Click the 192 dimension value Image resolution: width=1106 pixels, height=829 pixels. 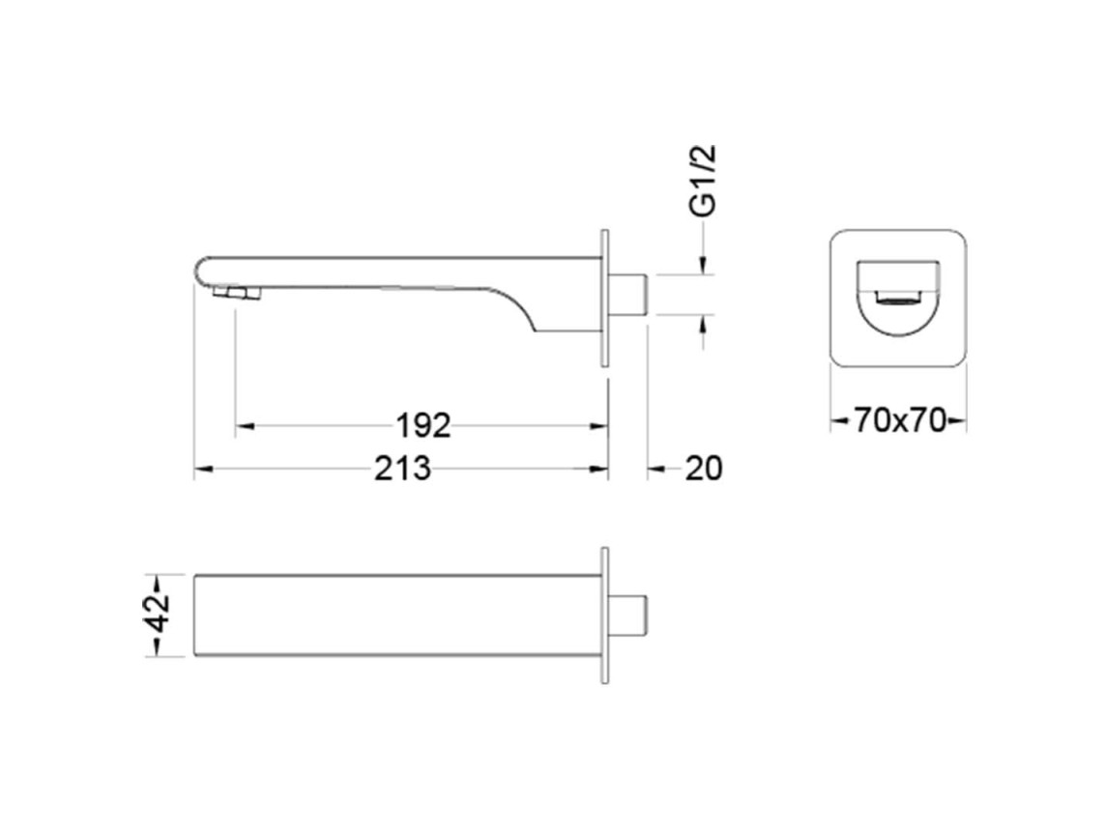422,425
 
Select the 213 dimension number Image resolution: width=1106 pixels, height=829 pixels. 402,468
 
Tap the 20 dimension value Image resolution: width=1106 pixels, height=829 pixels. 704,468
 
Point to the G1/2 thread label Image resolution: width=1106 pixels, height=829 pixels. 703,181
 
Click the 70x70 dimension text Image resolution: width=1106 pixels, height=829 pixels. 899,421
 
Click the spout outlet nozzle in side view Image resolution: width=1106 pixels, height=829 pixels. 237,294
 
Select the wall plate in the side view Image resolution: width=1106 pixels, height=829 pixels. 604,298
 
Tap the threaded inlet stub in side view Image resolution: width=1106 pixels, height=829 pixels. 627,295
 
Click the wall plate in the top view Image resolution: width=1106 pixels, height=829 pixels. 604,615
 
